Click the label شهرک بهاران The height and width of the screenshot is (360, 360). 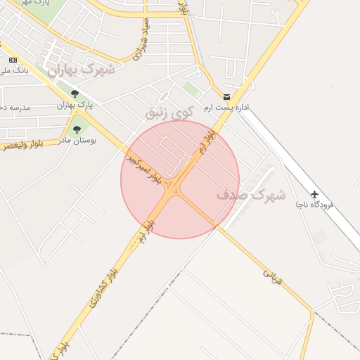(x=79, y=70)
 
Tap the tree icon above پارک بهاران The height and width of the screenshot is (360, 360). (x=75, y=94)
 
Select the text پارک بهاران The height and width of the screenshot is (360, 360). (x=75, y=105)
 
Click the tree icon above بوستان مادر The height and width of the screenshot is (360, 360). (x=75, y=129)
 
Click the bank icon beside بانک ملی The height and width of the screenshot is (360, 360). (x=13, y=60)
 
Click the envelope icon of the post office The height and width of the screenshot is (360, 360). (x=226, y=96)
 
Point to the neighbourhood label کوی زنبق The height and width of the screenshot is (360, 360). (x=169, y=112)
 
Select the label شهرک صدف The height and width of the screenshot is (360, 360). (x=250, y=195)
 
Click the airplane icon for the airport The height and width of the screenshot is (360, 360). (x=314, y=193)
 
